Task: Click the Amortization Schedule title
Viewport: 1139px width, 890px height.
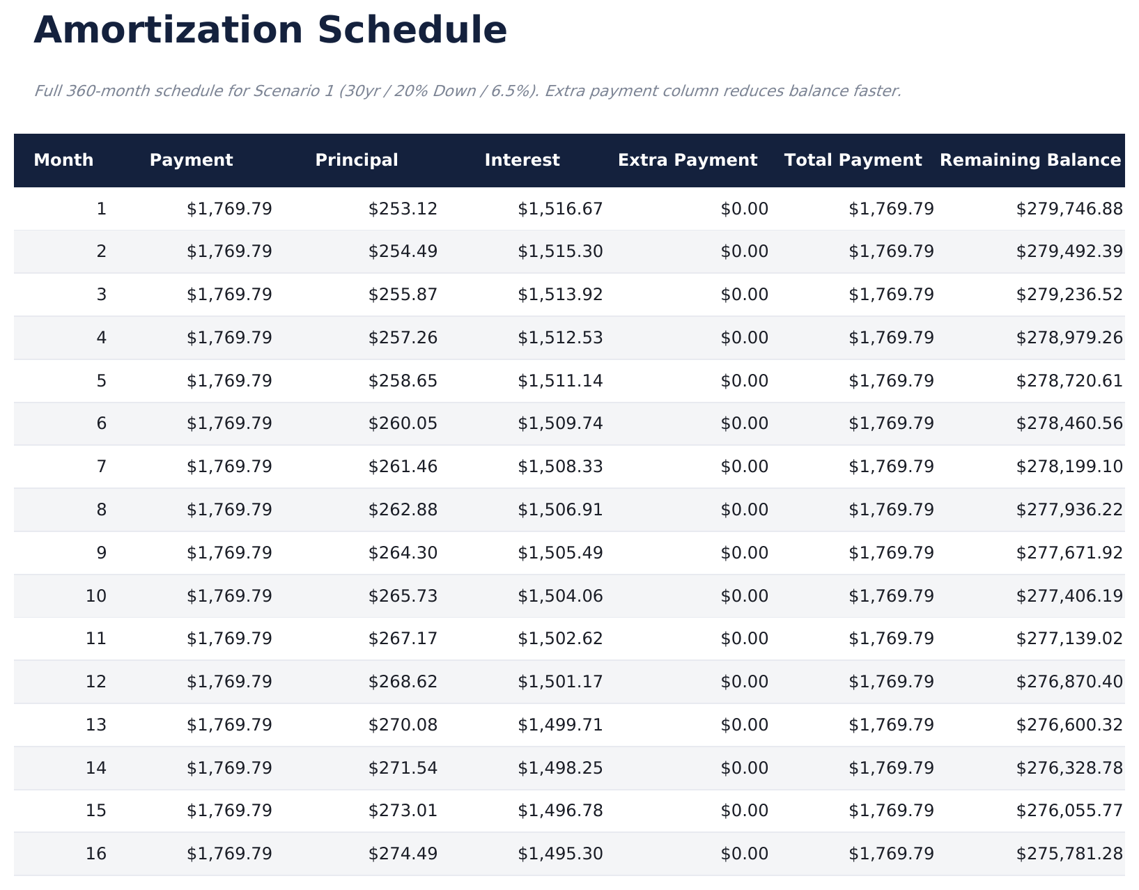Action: pos(270,31)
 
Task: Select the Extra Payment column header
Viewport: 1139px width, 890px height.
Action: pos(687,160)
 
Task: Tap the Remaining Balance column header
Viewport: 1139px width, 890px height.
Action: pos(1030,160)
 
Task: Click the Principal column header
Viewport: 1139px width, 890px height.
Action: pos(357,160)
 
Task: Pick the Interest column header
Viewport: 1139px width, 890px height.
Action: pos(522,160)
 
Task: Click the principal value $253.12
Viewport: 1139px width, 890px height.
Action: pos(403,209)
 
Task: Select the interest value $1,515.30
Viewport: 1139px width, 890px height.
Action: pos(560,251)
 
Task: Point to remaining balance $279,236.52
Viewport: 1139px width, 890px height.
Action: pos(1069,295)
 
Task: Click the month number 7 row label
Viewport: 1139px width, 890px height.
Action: pos(102,467)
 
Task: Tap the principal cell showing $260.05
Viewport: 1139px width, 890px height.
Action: pos(403,423)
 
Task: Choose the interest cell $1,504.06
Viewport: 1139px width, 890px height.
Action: pos(560,596)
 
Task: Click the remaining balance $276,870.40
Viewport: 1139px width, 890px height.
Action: pos(1069,682)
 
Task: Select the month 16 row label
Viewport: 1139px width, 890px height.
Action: pos(96,854)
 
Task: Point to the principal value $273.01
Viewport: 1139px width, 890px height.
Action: pos(403,811)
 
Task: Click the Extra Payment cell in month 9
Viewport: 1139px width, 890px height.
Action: pos(744,553)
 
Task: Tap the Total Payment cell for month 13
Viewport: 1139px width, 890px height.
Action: pos(891,725)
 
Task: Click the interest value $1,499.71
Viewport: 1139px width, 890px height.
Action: pos(560,725)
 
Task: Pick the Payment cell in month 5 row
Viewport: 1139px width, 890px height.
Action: pos(229,381)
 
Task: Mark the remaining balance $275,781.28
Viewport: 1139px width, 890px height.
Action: pos(1069,854)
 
